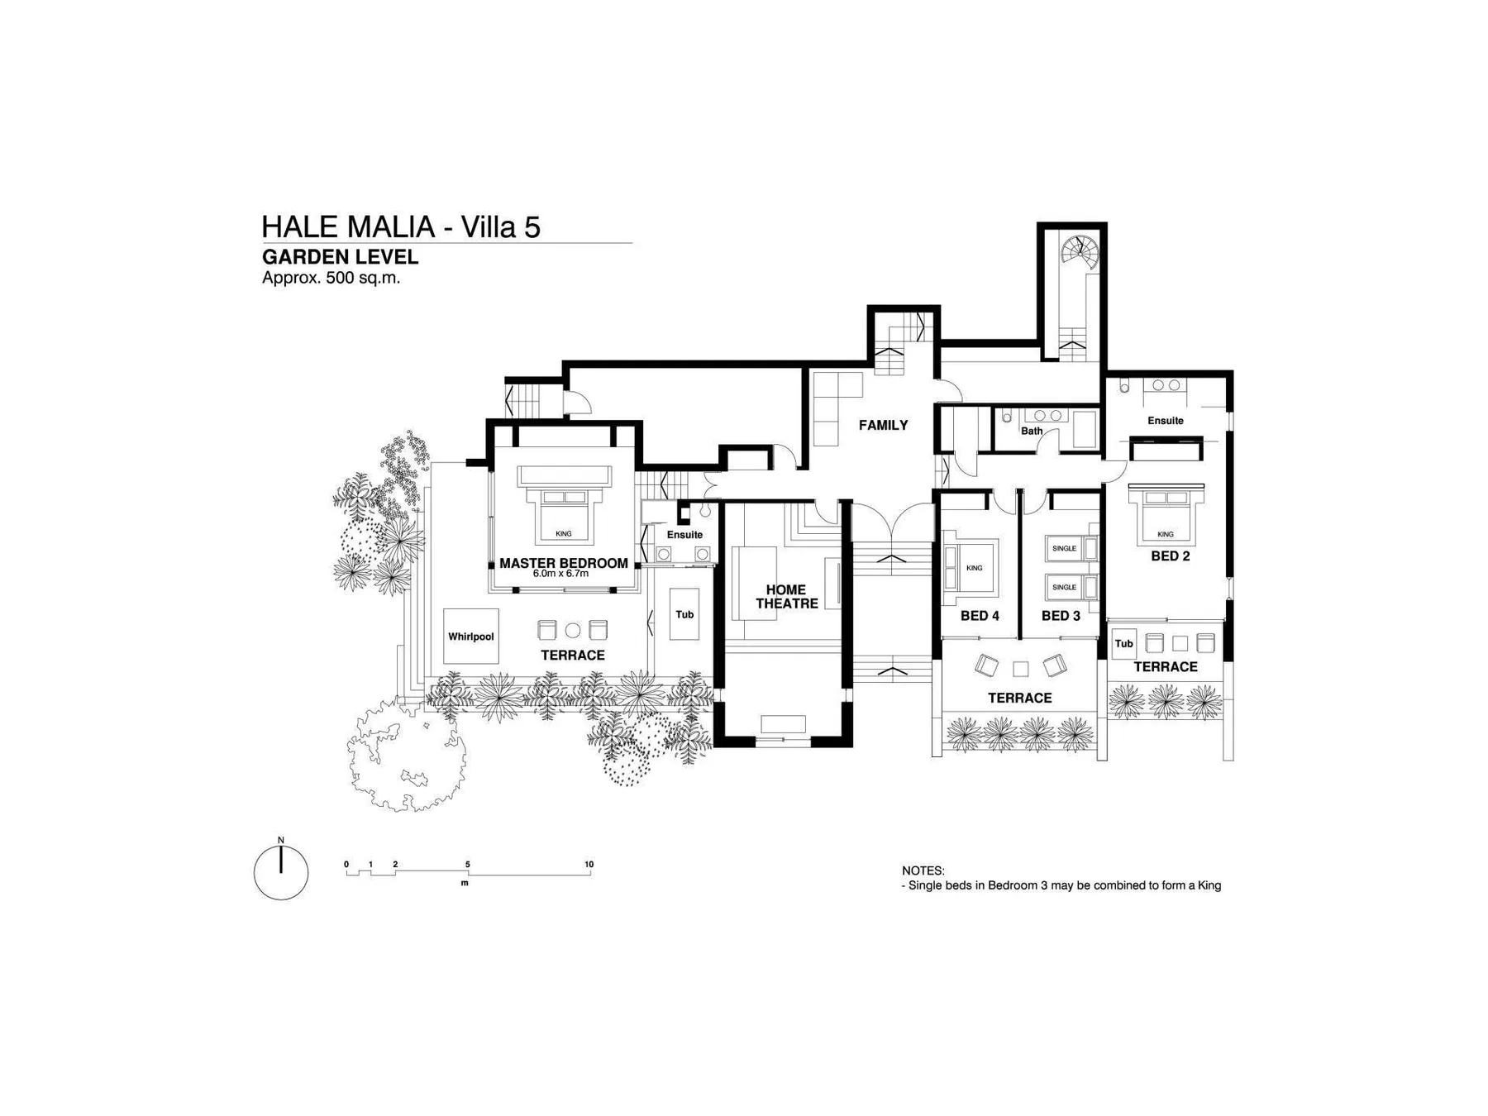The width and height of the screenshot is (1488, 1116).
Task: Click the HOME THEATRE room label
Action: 786,597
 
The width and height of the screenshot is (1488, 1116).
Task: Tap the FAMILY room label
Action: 883,425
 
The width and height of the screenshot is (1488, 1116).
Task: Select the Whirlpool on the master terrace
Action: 470,637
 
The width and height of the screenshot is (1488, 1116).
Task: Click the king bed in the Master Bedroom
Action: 564,516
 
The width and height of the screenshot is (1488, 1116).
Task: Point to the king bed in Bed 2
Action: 1166,517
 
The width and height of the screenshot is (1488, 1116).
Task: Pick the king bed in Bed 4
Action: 971,567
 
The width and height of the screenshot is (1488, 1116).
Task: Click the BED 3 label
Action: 1061,616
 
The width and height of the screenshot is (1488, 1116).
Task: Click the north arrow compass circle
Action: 281,873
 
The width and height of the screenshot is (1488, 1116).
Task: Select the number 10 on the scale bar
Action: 589,865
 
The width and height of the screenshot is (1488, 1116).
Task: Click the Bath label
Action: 1032,431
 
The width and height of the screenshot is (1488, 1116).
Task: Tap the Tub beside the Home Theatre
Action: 684,614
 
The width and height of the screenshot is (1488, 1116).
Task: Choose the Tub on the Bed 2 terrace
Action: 1123,644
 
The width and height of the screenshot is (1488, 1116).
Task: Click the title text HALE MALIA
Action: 348,227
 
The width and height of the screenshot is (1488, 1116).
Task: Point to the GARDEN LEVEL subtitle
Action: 340,257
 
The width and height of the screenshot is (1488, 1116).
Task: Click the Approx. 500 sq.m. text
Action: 331,278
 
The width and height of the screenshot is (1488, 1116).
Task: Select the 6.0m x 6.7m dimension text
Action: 560,574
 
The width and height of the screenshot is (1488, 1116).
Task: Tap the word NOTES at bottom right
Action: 923,870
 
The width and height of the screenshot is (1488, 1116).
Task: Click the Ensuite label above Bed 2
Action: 1166,421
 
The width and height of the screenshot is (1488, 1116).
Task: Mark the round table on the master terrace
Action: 573,630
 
